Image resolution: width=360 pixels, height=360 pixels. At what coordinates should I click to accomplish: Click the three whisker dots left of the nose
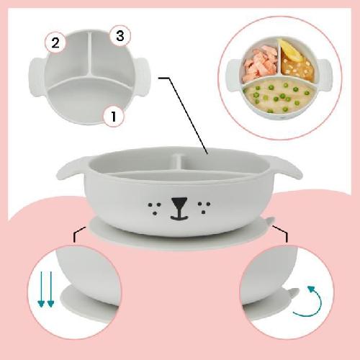pyautogui.click(x=155, y=207)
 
